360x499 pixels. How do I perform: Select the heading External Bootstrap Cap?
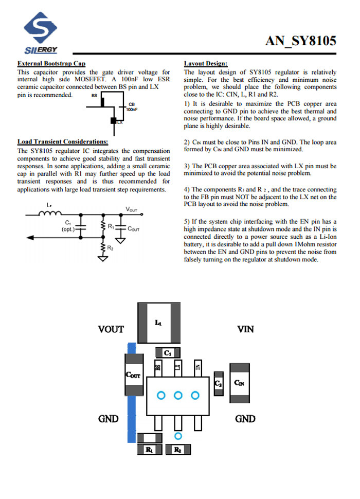point(51,64)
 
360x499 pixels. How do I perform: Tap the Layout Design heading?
point(206,64)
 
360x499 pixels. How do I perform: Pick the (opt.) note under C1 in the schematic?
point(68,228)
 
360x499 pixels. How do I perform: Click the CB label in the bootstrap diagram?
point(132,104)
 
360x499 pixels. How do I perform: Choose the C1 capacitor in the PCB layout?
point(168,353)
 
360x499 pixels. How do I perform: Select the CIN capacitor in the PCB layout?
point(239,382)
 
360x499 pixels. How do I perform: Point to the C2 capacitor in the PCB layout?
point(218,384)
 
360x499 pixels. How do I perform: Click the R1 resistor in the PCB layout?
point(150,450)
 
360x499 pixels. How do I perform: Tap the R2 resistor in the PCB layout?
point(177,450)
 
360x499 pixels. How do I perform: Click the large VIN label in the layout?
point(245,329)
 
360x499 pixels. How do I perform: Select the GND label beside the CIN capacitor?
point(245,419)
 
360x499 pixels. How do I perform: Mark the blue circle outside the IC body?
point(178,436)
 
